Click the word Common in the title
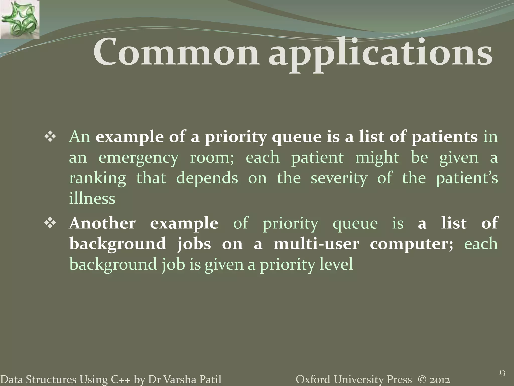point(176,53)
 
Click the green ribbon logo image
point(20,19)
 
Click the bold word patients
point(444,137)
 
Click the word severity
point(339,178)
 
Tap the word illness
point(92,199)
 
